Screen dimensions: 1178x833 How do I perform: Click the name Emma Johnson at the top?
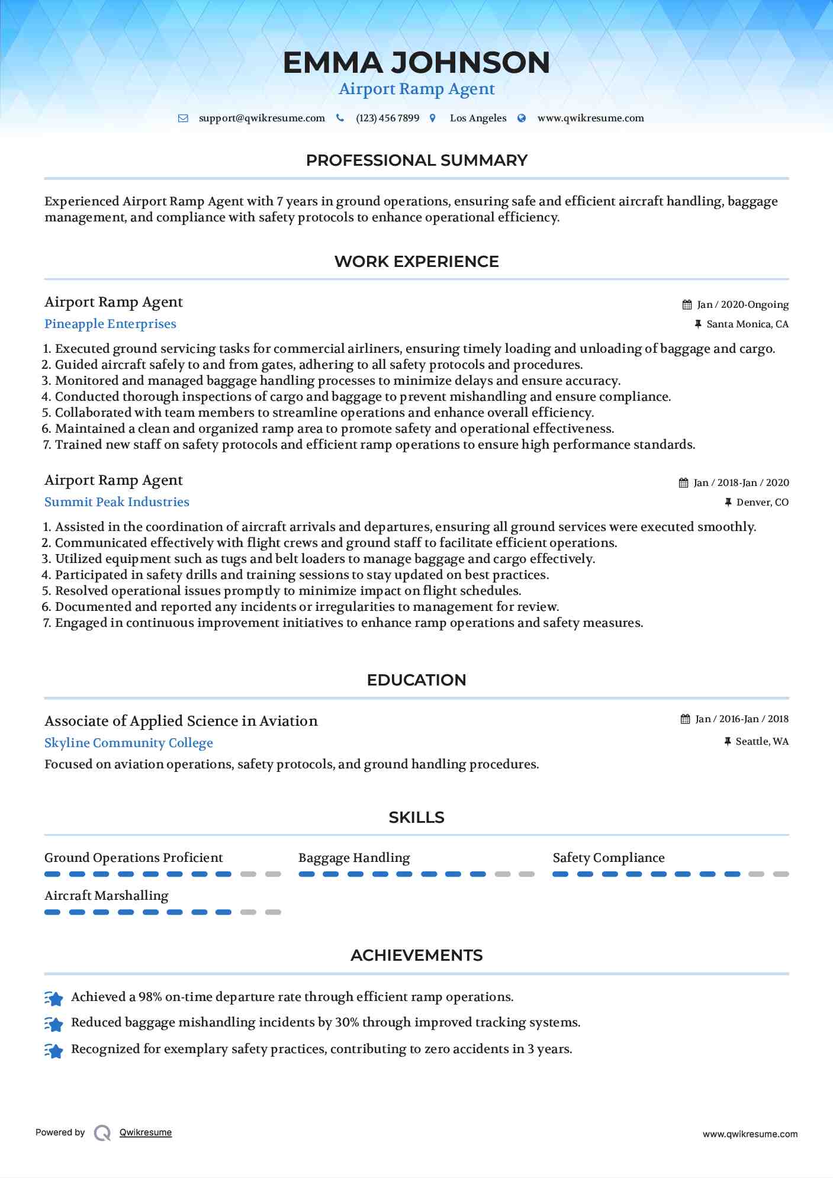(x=416, y=63)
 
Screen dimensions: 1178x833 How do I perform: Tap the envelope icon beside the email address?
(x=184, y=118)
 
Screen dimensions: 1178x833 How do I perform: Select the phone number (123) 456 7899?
(x=387, y=118)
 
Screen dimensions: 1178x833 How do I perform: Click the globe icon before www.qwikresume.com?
(x=522, y=118)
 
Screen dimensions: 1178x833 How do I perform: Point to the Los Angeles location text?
(x=478, y=118)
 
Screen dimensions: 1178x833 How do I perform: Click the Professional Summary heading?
(x=416, y=160)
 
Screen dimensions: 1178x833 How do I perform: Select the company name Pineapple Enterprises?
(x=110, y=324)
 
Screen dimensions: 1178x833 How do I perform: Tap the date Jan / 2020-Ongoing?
(x=742, y=305)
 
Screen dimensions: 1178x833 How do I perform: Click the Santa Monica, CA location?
(x=747, y=324)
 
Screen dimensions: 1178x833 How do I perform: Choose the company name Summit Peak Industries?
(x=117, y=502)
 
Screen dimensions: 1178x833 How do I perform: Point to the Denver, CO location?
(x=762, y=503)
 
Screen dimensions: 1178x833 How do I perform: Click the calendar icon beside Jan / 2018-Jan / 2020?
(x=683, y=483)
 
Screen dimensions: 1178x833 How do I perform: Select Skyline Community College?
(x=128, y=743)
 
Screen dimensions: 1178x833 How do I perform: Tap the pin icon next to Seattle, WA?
(x=728, y=742)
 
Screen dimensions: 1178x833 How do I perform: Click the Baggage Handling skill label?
(x=354, y=858)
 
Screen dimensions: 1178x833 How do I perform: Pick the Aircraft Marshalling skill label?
(x=107, y=896)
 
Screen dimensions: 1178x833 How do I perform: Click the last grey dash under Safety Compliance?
(x=781, y=874)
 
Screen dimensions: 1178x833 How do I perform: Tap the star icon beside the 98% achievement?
(x=54, y=999)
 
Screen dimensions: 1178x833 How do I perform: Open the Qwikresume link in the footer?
(x=146, y=1132)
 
